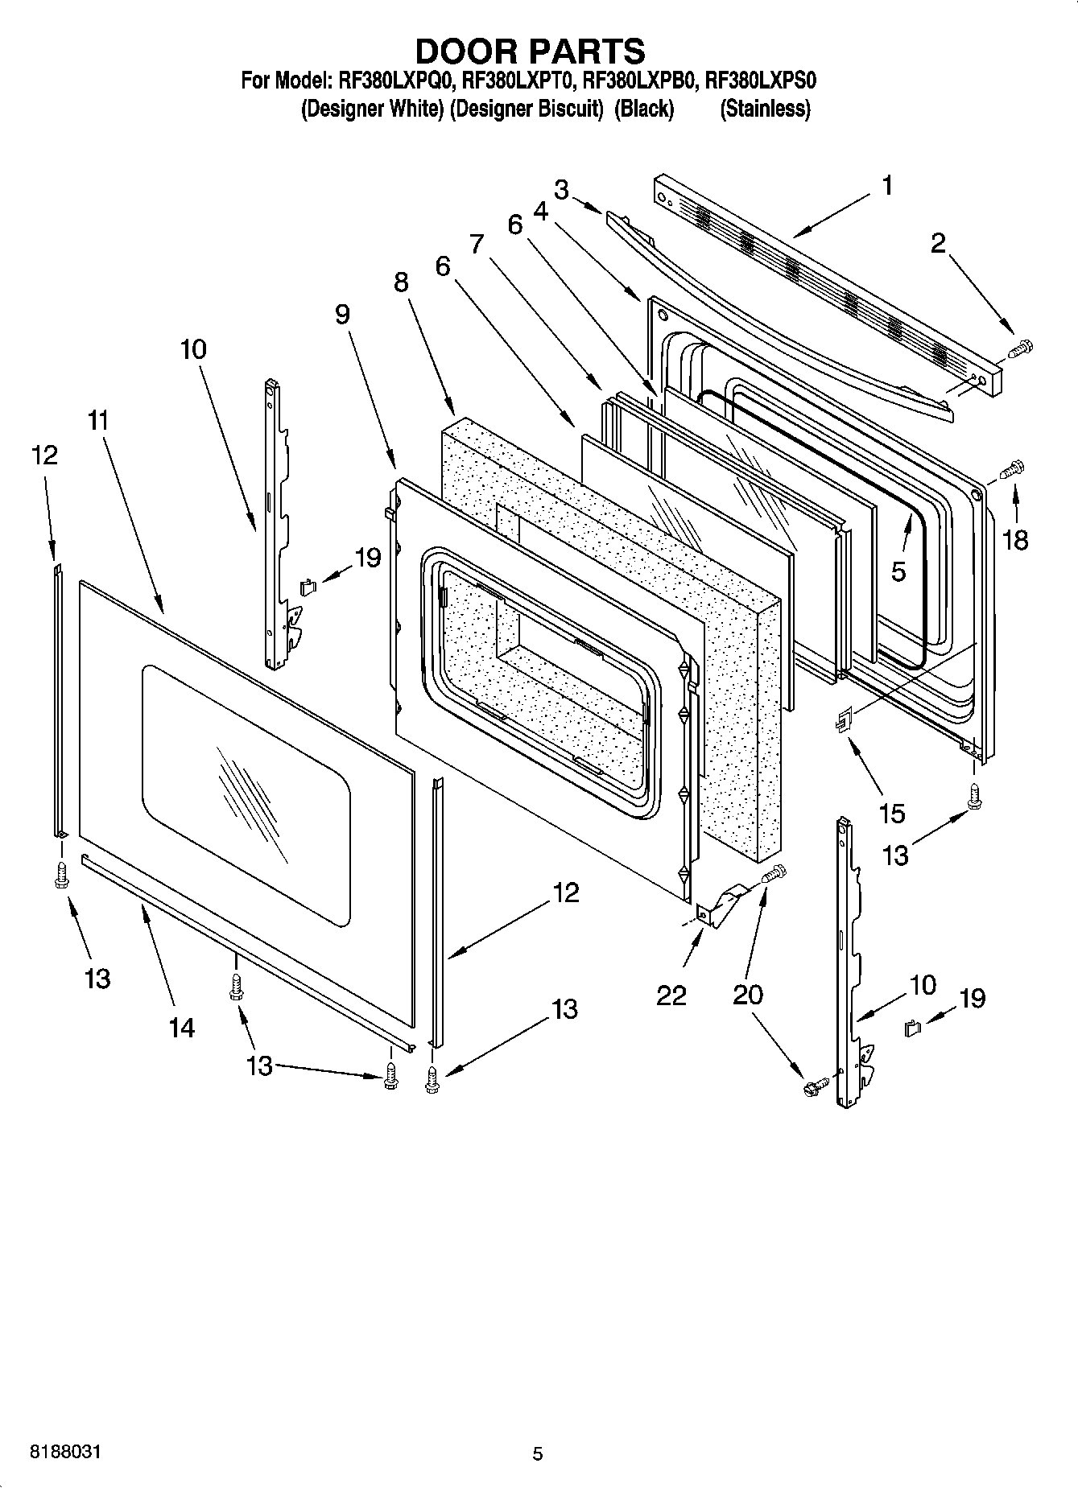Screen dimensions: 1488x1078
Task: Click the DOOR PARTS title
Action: coord(529,51)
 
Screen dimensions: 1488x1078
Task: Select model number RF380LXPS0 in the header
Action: coord(761,81)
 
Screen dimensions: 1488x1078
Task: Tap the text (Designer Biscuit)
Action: coord(527,109)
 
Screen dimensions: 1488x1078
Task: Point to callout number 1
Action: coord(886,187)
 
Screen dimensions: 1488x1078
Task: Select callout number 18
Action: coord(1015,540)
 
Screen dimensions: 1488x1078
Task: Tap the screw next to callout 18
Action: coord(1013,468)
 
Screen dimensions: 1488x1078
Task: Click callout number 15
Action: coord(892,813)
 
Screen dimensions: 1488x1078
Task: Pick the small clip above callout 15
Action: coord(841,721)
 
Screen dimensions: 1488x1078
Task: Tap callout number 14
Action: coord(182,1027)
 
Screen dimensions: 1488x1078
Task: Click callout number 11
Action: coord(99,420)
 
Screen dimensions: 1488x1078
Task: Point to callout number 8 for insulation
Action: coord(401,282)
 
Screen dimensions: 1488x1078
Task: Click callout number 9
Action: coord(343,315)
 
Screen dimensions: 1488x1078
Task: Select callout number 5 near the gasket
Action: coord(898,571)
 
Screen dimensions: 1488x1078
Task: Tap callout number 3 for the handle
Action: coord(561,190)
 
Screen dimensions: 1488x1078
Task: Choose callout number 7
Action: coord(477,243)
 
